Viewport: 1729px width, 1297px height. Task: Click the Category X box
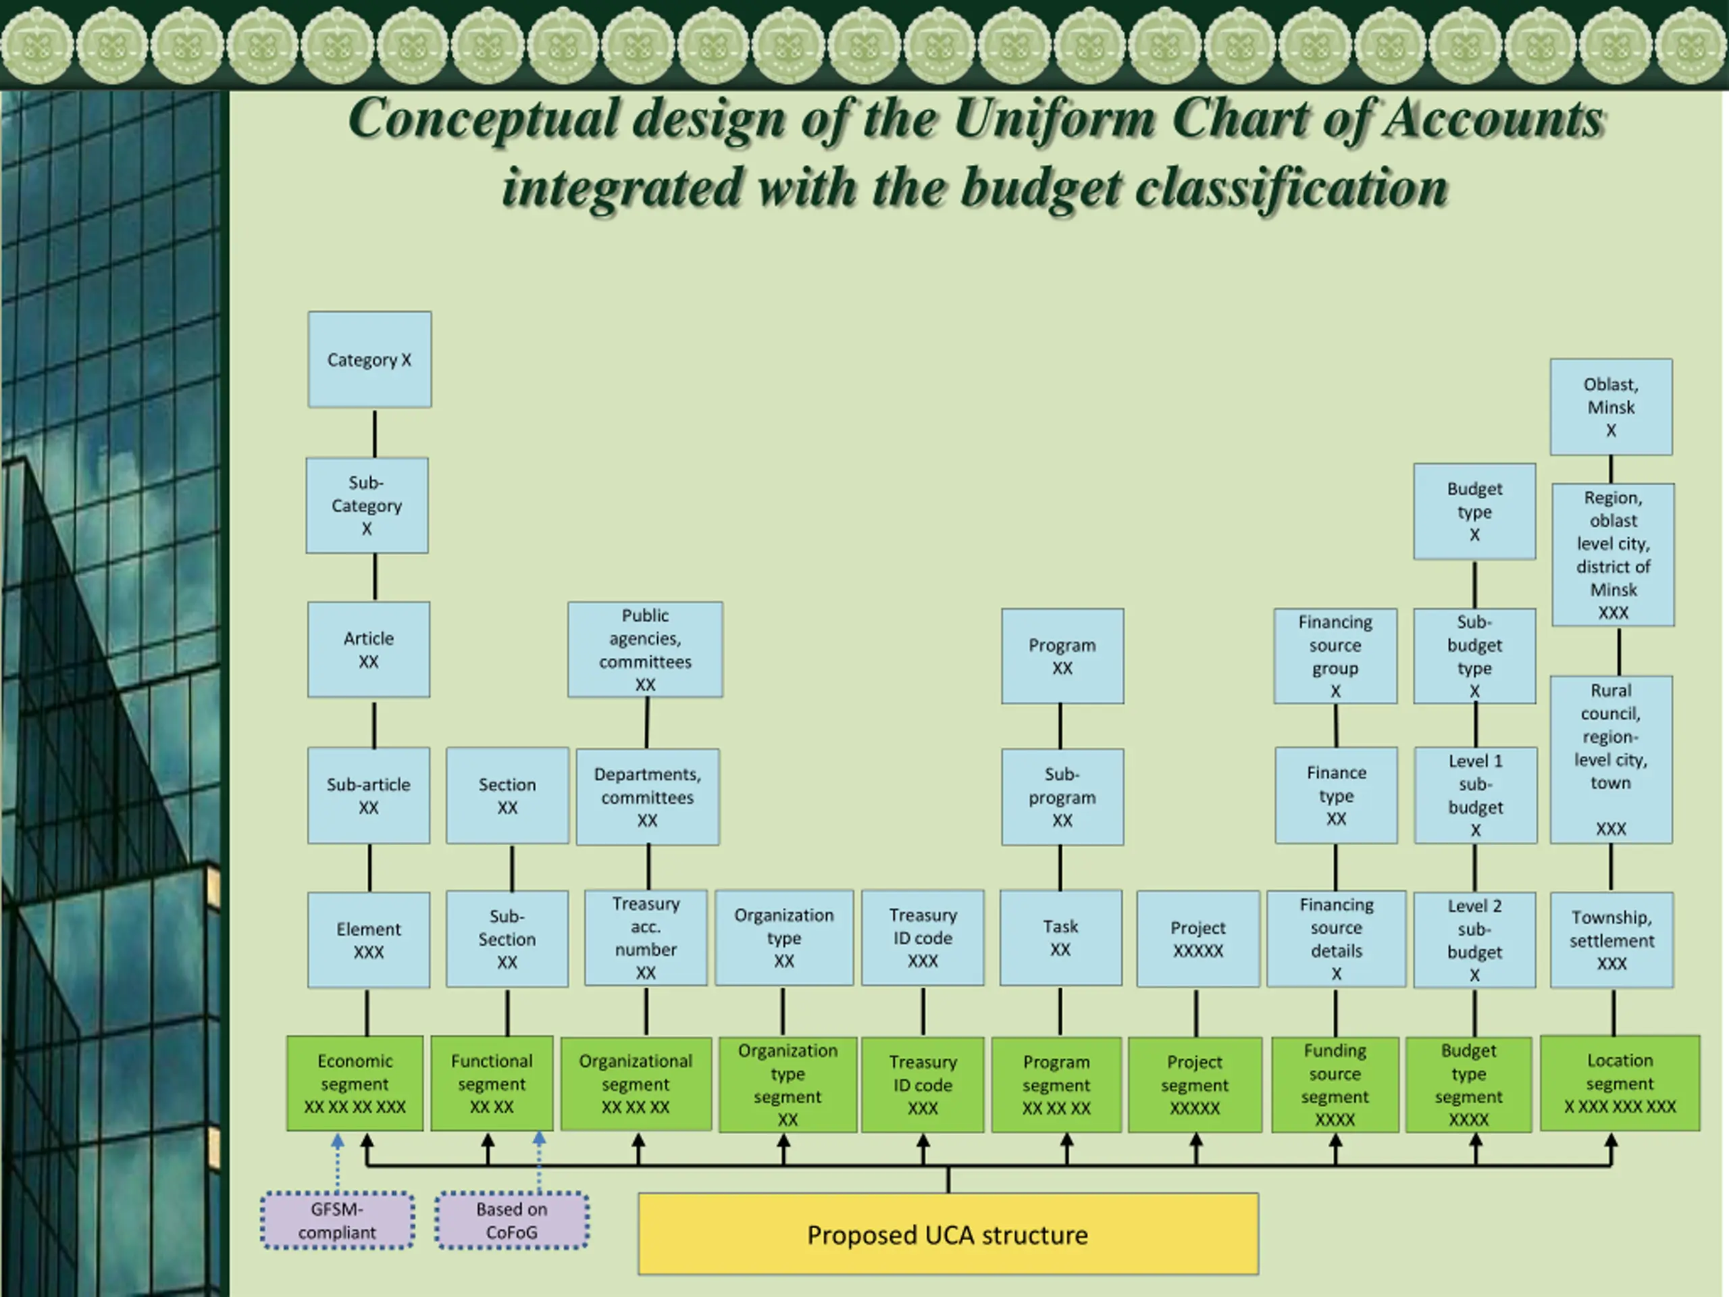tap(369, 359)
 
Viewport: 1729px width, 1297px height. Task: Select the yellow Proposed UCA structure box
tap(948, 1234)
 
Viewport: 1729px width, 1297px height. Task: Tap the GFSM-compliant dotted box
tap(337, 1221)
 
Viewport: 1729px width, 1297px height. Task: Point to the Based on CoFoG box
tap(512, 1221)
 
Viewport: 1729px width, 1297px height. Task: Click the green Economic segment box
tap(355, 1084)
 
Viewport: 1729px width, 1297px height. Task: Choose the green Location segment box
tap(1620, 1083)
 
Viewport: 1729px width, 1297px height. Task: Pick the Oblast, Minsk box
tap(1611, 407)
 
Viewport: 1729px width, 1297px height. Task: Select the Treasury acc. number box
tap(646, 938)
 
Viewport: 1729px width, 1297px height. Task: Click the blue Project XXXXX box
tap(1197, 939)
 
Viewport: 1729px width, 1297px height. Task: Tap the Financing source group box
tap(1335, 656)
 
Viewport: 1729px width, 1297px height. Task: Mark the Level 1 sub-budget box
tap(1475, 795)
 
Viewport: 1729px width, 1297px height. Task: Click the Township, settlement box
tap(1611, 940)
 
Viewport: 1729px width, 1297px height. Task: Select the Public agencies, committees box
tap(645, 650)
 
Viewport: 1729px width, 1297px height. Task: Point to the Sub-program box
tap(1062, 796)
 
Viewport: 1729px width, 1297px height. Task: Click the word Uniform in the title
tap(1054, 119)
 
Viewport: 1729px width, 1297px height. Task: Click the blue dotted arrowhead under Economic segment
tap(338, 1142)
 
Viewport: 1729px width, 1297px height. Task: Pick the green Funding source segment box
tap(1335, 1084)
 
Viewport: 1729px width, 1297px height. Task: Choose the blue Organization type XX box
tap(784, 938)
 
